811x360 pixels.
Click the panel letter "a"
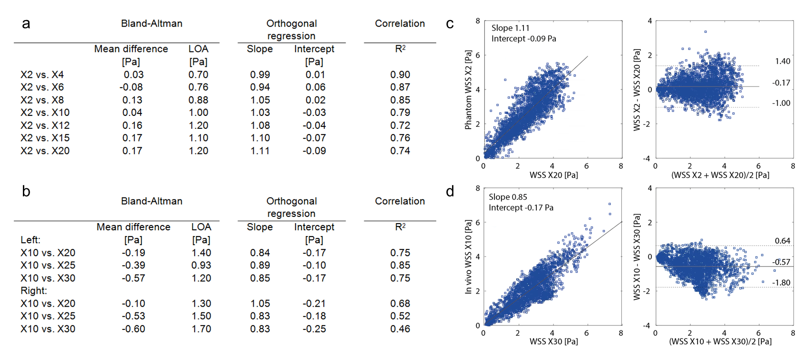coord(26,24)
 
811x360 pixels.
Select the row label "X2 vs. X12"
coord(45,125)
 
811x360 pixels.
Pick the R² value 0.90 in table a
coord(400,75)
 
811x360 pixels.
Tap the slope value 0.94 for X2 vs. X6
coord(260,87)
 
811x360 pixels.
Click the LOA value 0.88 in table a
coord(198,100)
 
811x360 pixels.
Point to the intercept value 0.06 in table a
coord(315,87)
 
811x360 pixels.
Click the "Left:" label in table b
coord(31,240)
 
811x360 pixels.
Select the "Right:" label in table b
coord(33,290)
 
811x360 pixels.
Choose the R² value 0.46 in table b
coord(400,329)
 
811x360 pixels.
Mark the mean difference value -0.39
coord(133,265)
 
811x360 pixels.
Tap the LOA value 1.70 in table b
coord(201,329)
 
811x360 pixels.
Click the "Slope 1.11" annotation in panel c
coord(510,28)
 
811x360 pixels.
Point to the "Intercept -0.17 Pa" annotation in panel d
coord(521,208)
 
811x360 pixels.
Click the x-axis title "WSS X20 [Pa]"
coord(554,175)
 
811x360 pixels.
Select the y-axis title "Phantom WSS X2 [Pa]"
coord(468,90)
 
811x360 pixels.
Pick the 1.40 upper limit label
coord(782,61)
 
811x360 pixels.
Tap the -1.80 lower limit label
coord(781,283)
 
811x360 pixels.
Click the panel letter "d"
coord(450,192)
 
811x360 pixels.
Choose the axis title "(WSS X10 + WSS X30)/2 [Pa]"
coord(720,341)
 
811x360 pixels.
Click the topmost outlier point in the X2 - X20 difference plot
coord(705,32)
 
